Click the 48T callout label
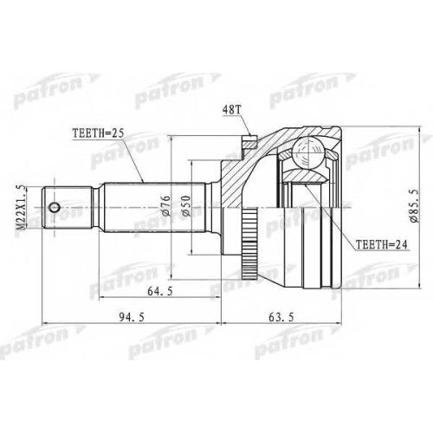click(x=231, y=110)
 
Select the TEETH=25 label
click(x=98, y=133)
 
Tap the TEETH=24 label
click(x=381, y=245)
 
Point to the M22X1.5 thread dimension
click(x=21, y=208)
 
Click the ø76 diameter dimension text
click(x=166, y=205)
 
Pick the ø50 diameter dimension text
click(x=186, y=206)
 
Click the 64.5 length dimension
click(x=160, y=292)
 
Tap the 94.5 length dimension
click(x=132, y=317)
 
